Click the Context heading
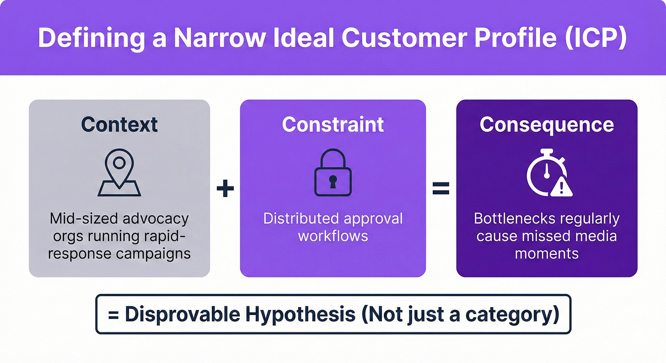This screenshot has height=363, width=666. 119,124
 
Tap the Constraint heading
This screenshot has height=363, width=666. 333,124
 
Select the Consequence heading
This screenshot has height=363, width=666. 547,124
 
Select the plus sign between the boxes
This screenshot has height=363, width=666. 225,189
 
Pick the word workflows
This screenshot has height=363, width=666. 333,236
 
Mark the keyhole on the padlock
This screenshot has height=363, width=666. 333,180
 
